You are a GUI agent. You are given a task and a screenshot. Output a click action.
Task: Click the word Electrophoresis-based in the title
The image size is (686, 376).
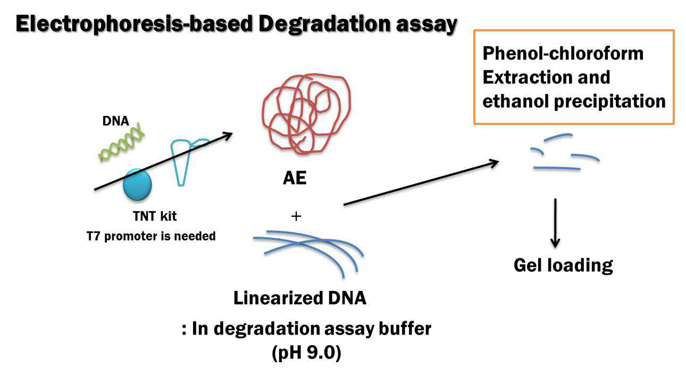135,24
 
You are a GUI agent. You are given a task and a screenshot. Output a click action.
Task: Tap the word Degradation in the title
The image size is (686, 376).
324,24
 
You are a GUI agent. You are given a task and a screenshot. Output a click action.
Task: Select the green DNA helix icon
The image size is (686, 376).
121,143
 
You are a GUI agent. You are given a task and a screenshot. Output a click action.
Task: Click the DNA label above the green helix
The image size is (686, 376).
116,121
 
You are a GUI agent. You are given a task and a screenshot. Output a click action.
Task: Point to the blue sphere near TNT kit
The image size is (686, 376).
137,185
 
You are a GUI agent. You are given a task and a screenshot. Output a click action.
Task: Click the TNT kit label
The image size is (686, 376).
155,216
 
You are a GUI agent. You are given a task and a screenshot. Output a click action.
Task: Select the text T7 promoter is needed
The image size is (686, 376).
151,236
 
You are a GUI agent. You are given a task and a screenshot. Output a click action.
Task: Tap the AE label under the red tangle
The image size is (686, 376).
295,178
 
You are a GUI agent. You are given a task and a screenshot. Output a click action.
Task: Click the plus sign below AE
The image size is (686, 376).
296,216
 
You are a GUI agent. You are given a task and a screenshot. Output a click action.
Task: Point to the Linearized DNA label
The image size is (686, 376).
300,298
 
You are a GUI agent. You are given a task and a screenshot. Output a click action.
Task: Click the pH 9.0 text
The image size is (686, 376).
306,353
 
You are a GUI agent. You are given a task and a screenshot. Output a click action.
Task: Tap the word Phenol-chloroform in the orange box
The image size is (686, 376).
563,54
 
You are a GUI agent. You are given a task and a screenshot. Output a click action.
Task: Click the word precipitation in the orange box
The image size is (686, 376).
610,102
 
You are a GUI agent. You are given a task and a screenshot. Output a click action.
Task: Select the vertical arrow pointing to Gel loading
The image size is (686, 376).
555,223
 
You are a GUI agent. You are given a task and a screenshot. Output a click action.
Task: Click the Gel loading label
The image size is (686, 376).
563,265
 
